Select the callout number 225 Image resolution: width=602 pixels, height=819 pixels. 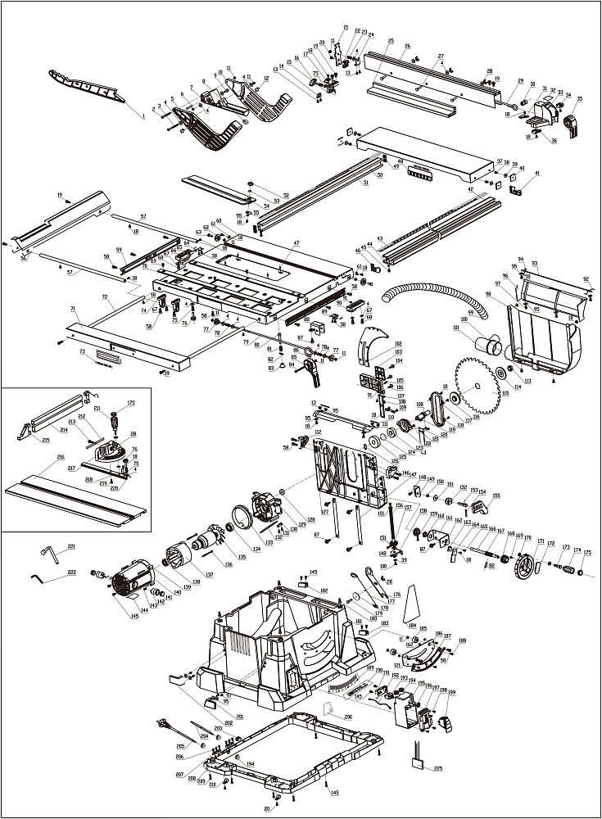point(438,768)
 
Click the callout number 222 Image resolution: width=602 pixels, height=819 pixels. point(72,572)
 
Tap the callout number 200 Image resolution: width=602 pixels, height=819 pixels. point(348,717)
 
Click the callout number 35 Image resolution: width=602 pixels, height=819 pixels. point(579,98)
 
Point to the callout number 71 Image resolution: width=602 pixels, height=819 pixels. point(73,309)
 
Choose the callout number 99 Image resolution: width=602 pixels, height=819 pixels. point(494,312)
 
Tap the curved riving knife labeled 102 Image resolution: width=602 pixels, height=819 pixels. point(373,343)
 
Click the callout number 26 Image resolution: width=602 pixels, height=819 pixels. point(407,46)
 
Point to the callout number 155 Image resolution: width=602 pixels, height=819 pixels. point(495,495)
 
